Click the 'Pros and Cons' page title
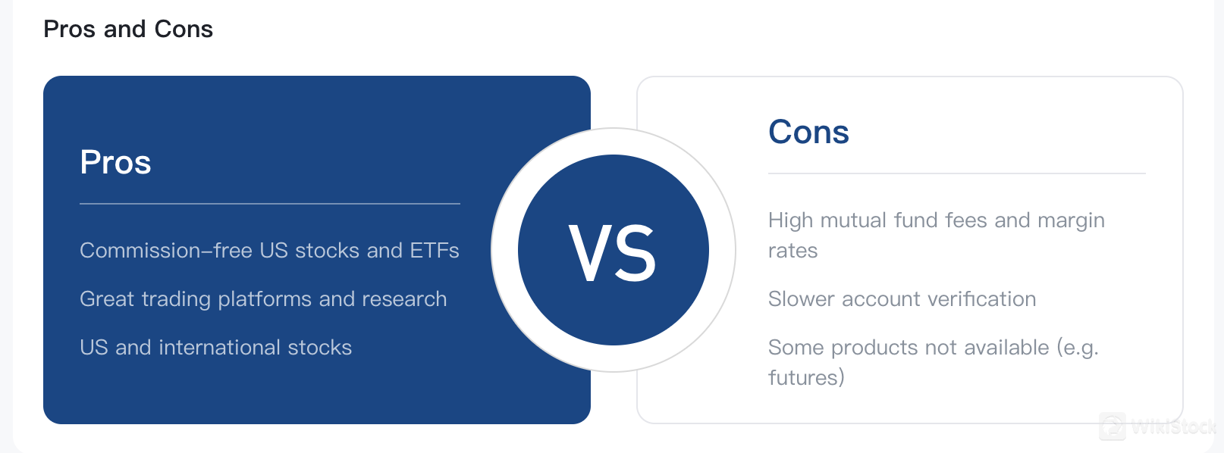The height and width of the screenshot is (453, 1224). click(128, 29)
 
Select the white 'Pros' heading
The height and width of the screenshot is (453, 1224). click(115, 162)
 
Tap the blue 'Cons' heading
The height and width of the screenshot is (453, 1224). click(808, 132)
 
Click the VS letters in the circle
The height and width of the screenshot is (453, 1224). click(612, 253)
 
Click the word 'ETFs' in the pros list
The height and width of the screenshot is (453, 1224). click(435, 251)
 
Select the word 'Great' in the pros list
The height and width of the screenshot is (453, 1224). click(107, 299)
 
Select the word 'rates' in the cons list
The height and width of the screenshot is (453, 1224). click(792, 251)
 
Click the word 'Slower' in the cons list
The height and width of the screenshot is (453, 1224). click(801, 299)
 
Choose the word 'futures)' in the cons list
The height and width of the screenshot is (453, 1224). click(807, 378)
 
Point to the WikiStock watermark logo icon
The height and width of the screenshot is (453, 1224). click(1113, 426)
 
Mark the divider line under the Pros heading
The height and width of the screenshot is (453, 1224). click(270, 204)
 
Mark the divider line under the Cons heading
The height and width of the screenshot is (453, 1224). click(957, 173)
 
